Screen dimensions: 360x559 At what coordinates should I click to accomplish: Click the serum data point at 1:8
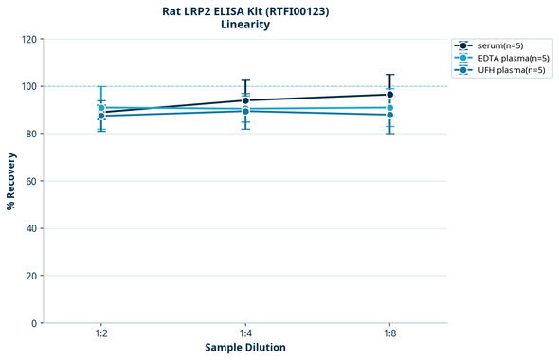coord(390,95)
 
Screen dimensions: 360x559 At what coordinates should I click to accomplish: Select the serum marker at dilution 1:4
coord(245,100)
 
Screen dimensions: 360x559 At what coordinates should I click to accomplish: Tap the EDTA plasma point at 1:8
coord(390,108)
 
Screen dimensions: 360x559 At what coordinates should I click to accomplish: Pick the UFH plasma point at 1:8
coord(390,115)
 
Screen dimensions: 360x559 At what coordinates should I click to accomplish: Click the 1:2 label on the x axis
coord(100,334)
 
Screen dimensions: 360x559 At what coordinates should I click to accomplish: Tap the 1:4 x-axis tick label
coord(245,334)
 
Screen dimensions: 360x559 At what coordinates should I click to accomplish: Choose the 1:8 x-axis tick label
coord(390,334)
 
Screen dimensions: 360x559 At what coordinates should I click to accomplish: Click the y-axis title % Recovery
coord(11,180)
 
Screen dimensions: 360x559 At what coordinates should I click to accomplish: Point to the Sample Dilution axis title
coord(245,348)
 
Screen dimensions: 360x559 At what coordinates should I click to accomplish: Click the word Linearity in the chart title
coord(245,25)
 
